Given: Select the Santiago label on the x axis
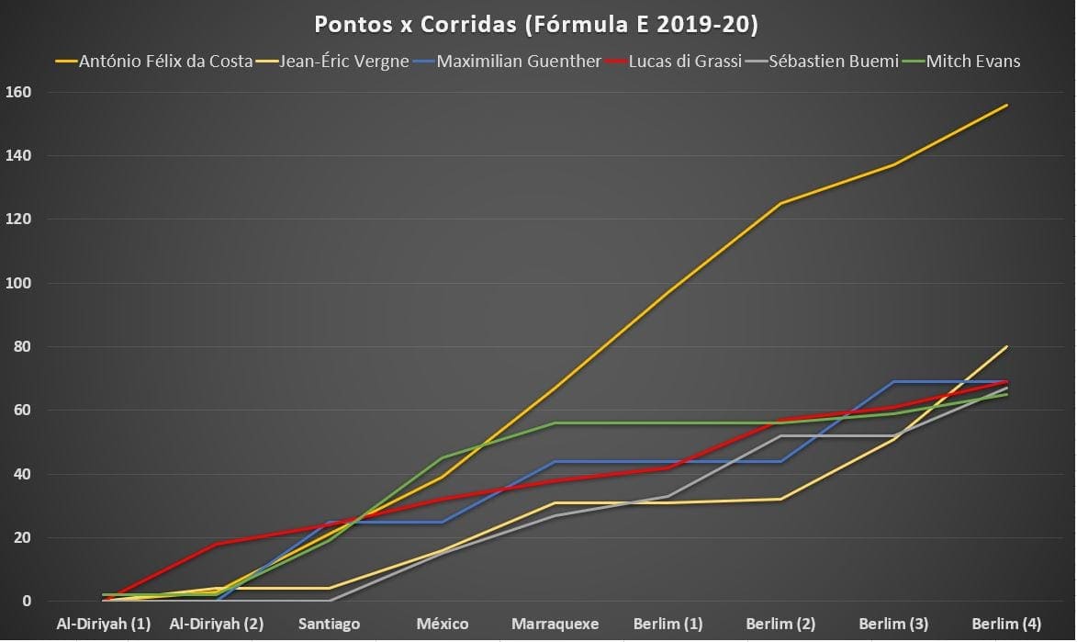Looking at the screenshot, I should coord(329,624).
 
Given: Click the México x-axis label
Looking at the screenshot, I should coord(443,624).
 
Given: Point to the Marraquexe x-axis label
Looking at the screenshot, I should coord(555,624).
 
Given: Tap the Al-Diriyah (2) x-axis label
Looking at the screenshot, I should coord(217,624).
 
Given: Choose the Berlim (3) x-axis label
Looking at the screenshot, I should coord(893,624).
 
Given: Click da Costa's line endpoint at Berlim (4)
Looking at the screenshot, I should coord(1007,105).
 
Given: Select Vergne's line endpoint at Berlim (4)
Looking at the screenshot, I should coord(1007,346).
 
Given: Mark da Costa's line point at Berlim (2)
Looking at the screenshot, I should coord(781,203).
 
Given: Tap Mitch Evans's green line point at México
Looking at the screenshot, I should coord(443,457).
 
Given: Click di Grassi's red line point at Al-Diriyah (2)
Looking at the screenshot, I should coord(217,544).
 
